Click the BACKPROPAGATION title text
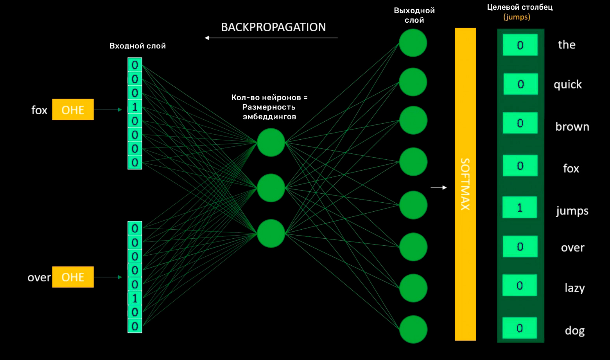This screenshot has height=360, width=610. pyautogui.click(x=273, y=27)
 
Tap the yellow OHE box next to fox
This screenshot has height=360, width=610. pyautogui.click(x=73, y=110)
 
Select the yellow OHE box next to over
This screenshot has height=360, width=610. pyautogui.click(x=73, y=277)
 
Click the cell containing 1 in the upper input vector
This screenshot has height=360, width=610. pyautogui.click(x=135, y=107)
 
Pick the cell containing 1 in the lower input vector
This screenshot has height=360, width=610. pyautogui.click(x=135, y=298)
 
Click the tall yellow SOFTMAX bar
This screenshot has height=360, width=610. pyautogui.click(x=465, y=184)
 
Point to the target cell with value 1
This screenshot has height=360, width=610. pyautogui.click(x=520, y=207)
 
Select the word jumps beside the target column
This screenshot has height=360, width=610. pyautogui.click(x=572, y=211)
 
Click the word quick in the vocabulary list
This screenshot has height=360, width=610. pyautogui.click(x=568, y=85)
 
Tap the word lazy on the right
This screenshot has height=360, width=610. pyautogui.click(x=574, y=288)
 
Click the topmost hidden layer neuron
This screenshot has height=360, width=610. pyautogui.click(x=271, y=142)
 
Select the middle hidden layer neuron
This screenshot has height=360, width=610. pyautogui.click(x=271, y=188)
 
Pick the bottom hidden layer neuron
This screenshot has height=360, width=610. pyautogui.click(x=271, y=233)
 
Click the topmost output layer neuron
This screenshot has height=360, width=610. pyautogui.click(x=413, y=43)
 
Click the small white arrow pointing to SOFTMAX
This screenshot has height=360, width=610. pyautogui.click(x=439, y=187)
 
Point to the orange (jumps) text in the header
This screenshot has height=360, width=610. pyautogui.click(x=517, y=17)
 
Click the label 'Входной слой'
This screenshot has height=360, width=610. pyautogui.click(x=138, y=46)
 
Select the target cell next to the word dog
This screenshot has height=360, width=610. pyautogui.click(x=520, y=328)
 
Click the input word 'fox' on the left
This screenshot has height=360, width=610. pyautogui.click(x=39, y=110)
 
